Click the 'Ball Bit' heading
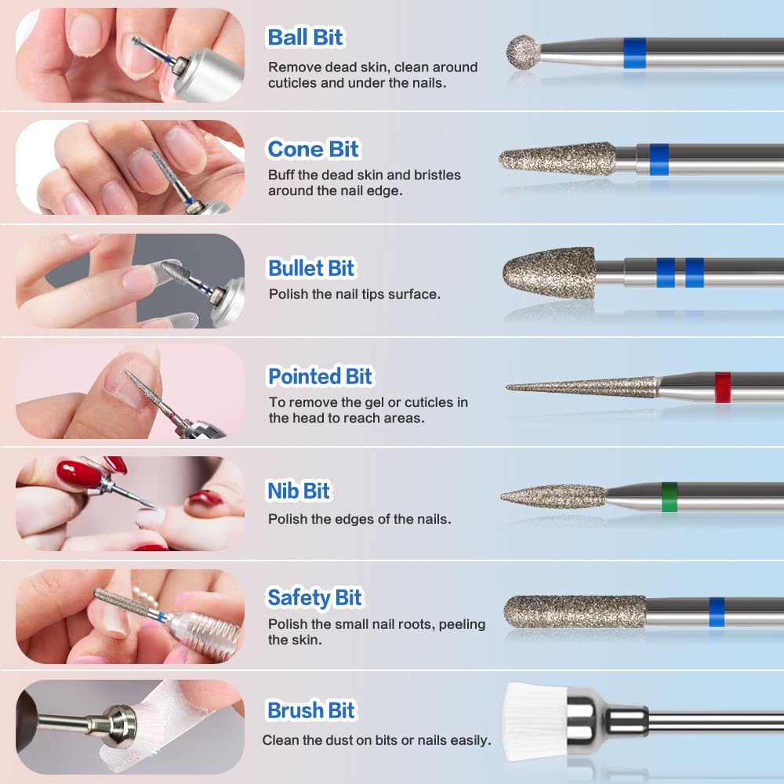coord(305,38)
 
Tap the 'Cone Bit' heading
coord(313,149)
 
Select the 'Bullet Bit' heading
coord(311,268)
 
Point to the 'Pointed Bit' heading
coord(320,376)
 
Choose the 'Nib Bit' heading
coord(299,491)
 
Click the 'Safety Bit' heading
coord(314,597)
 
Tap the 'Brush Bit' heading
coord(311,710)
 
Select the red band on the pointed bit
coord(723,387)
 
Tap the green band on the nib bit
coord(670,497)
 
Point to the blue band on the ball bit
coord(634,53)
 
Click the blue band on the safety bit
coord(717,612)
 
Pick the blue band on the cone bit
coord(659,159)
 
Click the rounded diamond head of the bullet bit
coord(549,273)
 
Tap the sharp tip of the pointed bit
coord(507,387)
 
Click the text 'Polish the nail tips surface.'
coord(354,294)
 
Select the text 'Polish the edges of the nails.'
coord(360,519)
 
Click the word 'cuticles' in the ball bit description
coord(292,83)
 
